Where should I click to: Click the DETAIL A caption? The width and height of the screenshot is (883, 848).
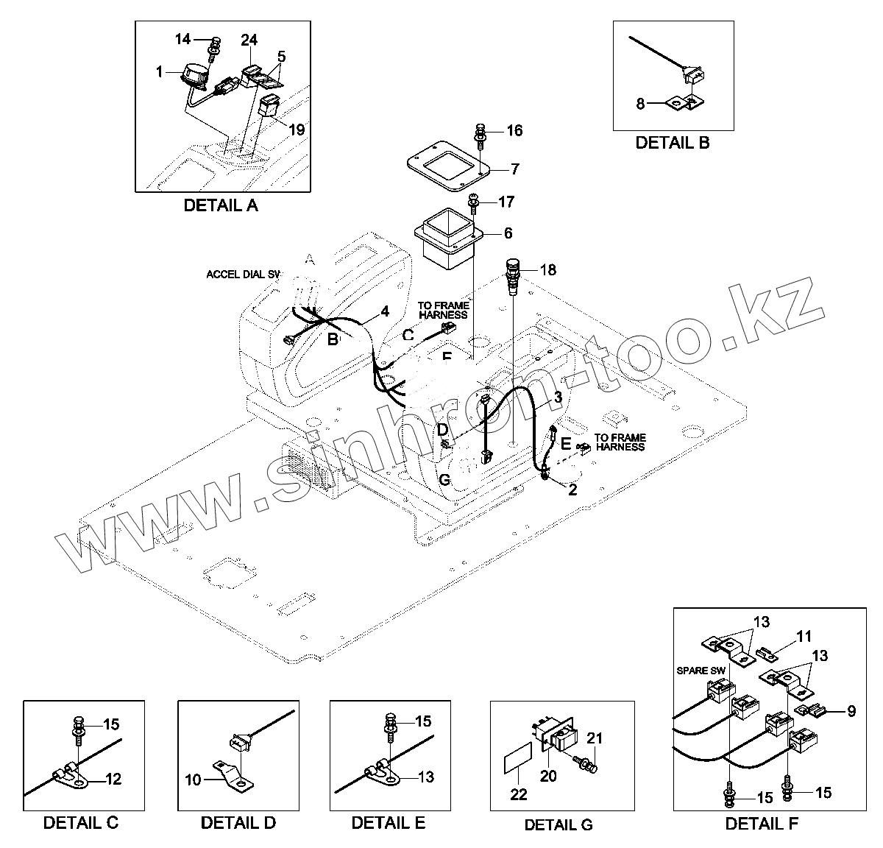(x=220, y=206)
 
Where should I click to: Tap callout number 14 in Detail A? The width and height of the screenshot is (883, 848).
(x=182, y=39)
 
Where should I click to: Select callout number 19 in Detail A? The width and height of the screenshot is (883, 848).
(x=296, y=130)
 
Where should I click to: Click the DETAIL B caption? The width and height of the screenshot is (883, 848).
(x=672, y=143)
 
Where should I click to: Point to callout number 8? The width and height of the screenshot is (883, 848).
(x=640, y=105)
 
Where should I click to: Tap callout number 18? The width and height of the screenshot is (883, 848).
(x=548, y=269)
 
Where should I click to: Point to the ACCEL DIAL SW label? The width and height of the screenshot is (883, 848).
(x=243, y=275)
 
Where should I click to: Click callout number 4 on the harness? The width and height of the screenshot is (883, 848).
(x=384, y=311)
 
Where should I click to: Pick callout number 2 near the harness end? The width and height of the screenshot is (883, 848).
(x=572, y=489)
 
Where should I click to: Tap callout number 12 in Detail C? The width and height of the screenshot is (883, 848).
(x=114, y=779)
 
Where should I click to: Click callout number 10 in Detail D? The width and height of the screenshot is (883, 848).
(x=193, y=779)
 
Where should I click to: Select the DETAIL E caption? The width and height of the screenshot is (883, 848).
(x=388, y=823)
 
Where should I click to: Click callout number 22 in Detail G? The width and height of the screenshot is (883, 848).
(x=519, y=794)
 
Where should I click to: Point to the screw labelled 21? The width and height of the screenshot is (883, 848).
(x=588, y=766)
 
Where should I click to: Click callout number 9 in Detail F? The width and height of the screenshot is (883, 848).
(x=851, y=712)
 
